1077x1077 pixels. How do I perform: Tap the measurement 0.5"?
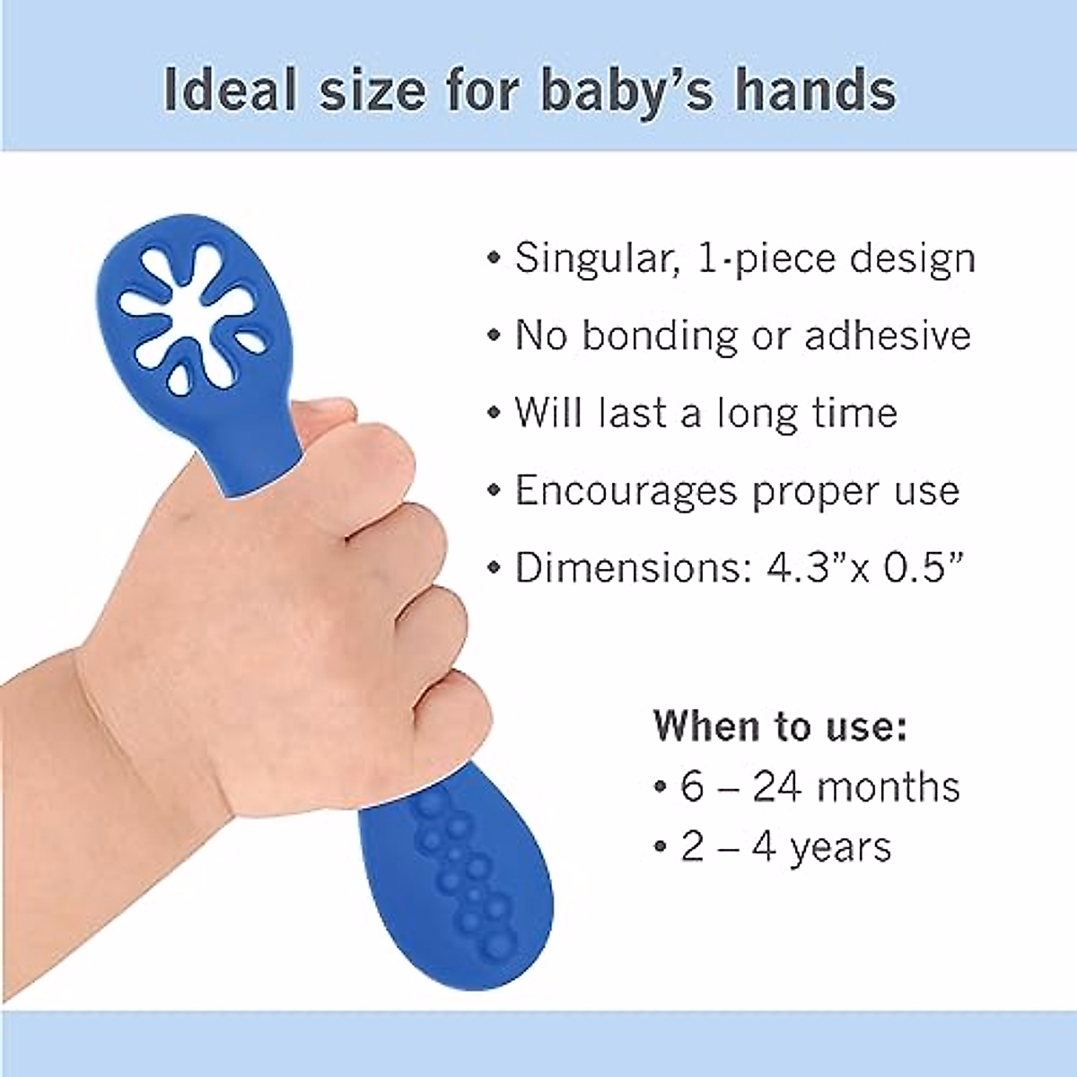click(928, 568)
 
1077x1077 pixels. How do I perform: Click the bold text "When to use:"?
click(779, 725)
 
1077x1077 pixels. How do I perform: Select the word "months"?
click(889, 787)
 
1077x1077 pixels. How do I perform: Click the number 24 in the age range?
click(777, 787)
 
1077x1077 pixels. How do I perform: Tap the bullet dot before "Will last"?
click(493, 415)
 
